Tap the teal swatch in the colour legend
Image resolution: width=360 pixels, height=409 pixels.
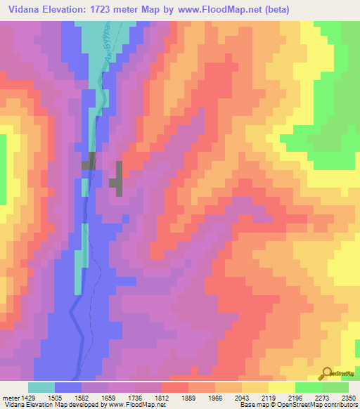tap(41, 387)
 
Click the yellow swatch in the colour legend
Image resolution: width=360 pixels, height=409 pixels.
tap(282, 387)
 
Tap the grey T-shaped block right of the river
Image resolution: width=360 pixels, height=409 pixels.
tap(117, 178)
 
